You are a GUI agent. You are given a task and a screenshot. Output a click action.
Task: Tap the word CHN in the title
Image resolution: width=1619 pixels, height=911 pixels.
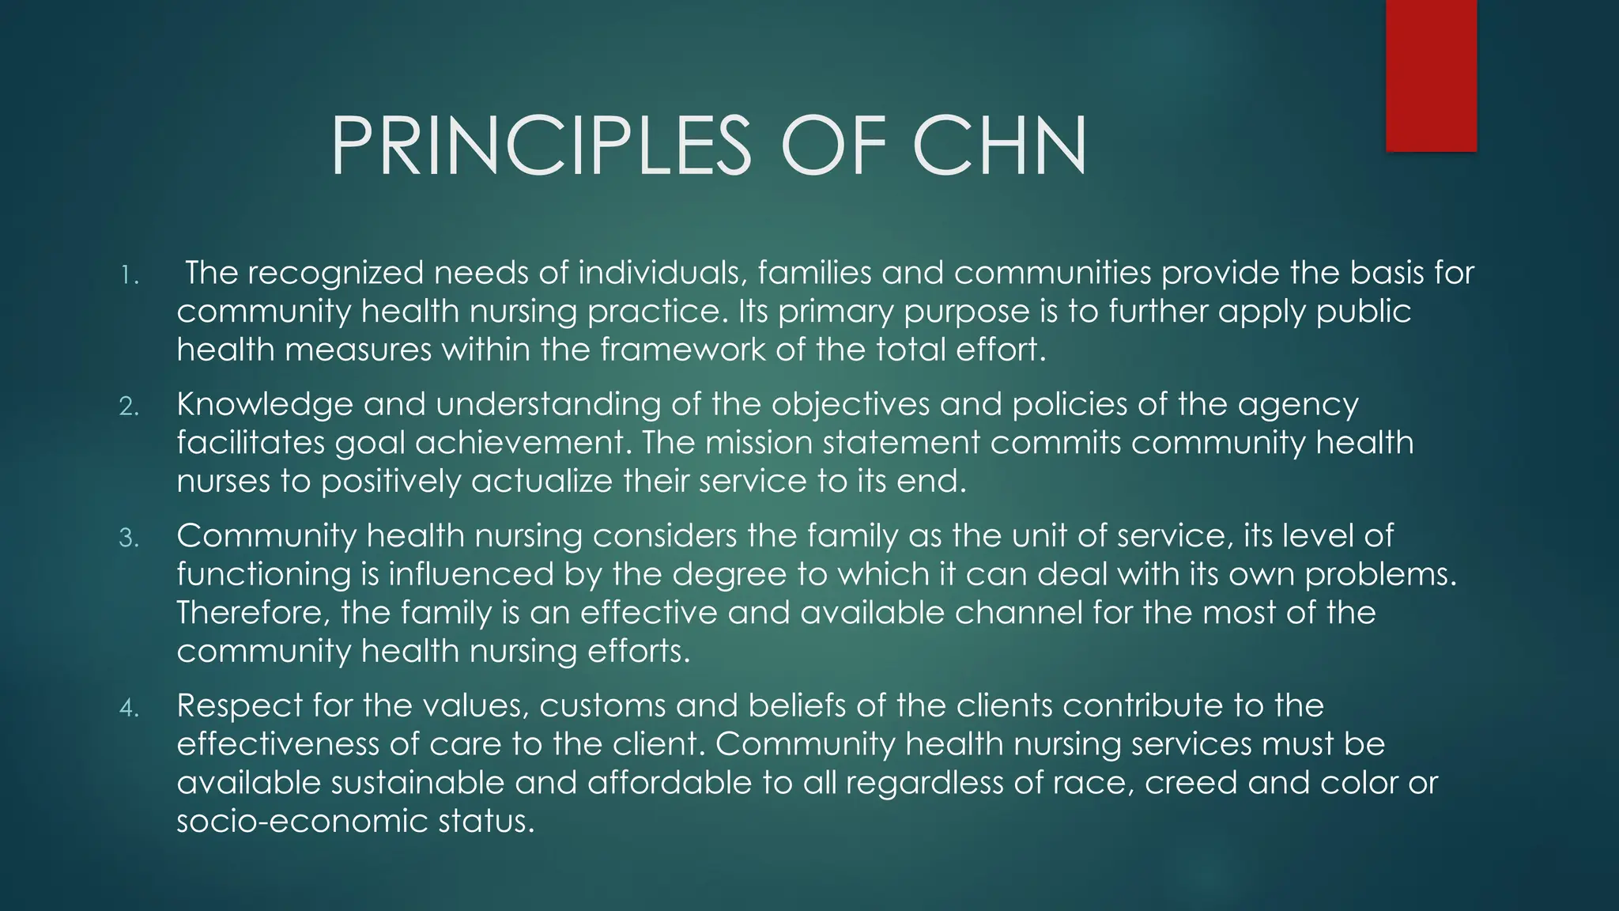click(x=999, y=146)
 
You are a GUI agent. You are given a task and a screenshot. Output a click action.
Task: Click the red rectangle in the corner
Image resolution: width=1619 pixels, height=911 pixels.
click(x=1431, y=75)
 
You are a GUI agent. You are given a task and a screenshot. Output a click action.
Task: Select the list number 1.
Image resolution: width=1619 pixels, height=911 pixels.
click(x=129, y=276)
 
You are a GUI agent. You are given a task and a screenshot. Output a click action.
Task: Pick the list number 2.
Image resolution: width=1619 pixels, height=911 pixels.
click(x=129, y=406)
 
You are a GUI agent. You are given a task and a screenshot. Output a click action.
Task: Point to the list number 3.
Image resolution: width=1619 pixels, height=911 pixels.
click(x=129, y=539)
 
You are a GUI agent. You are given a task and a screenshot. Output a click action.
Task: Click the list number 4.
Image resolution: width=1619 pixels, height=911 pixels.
click(x=129, y=708)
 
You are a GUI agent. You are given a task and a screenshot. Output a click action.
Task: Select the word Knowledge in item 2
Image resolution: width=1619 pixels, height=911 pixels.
click(x=265, y=405)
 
